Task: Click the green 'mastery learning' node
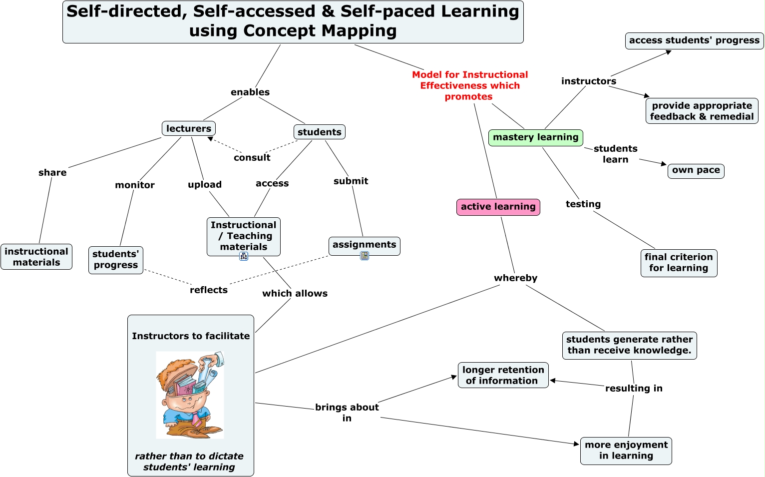coord(535,137)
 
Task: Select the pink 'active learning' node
coord(498,207)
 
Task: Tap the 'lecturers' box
coord(188,128)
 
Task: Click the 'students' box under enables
coord(319,132)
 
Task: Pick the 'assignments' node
coord(364,245)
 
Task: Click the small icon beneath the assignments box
coord(365,256)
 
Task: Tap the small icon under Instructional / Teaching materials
coord(244,256)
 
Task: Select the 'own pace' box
coord(696,170)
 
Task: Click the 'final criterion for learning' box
coord(679,263)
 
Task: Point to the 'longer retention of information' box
coord(503,375)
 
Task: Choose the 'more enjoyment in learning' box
coord(626,451)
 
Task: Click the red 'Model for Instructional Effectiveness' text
coord(469,85)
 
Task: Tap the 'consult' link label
coord(252,158)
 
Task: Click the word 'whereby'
coord(515,278)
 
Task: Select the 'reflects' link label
coord(208,290)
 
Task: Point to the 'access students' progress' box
coord(694,40)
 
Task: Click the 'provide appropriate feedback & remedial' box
coord(702,111)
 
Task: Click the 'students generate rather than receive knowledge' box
coord(629,345)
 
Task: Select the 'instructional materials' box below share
coord(36,257)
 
